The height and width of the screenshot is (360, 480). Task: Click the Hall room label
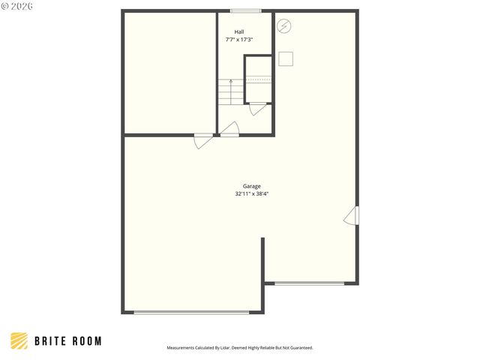[239, 31]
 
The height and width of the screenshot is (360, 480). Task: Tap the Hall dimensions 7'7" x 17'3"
[239, 40]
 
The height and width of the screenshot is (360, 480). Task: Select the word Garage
[252, 186]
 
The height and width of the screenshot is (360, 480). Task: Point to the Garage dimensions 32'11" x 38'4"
[252, 193]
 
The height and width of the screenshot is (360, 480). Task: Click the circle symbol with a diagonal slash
[283, 26]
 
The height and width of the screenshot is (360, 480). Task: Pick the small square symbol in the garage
[286, 58]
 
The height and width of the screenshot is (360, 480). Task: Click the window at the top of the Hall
[246, 11]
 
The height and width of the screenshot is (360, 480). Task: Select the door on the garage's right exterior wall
[352, 216]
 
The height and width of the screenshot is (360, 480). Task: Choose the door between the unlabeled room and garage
[203, 141]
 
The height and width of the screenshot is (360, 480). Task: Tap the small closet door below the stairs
[257, 109]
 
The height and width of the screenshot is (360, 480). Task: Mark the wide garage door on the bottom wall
[192, 312]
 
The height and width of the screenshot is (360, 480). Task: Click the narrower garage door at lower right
[310, 283]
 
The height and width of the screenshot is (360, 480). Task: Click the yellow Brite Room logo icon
[19, 341]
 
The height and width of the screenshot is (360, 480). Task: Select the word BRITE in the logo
[50, 341]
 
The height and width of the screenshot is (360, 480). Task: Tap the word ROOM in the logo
[87, 341]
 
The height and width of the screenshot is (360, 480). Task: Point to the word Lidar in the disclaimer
[225, 348]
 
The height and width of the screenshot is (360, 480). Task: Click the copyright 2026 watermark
[16, 6]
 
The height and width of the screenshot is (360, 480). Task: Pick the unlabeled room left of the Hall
[170, 73]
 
